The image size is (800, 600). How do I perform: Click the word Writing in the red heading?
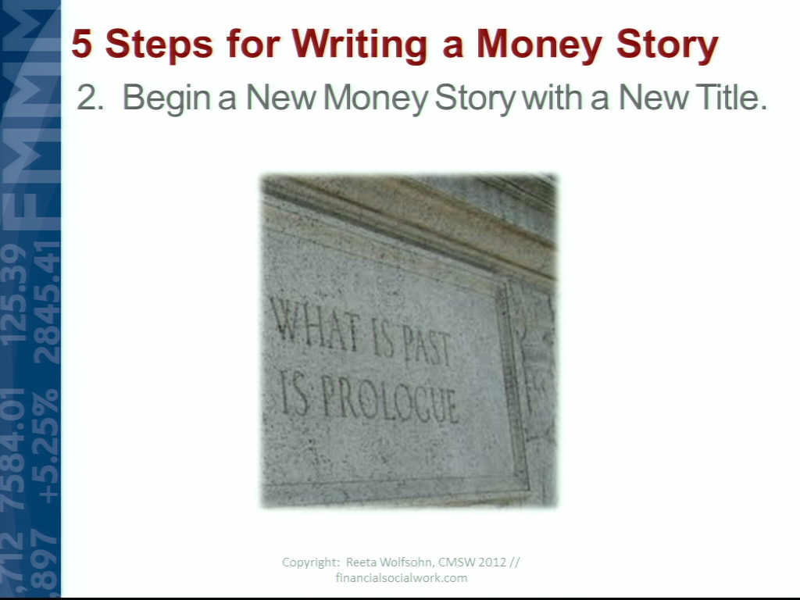(358, 45)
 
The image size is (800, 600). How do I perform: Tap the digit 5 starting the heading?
(82, 44)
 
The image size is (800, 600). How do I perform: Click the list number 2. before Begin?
(90, 98)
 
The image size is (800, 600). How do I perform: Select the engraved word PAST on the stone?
(427, 348)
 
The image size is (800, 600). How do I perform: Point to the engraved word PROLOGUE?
(390, 403)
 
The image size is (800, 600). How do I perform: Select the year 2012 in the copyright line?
(493, 562)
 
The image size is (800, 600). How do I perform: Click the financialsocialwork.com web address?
(402, 578)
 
